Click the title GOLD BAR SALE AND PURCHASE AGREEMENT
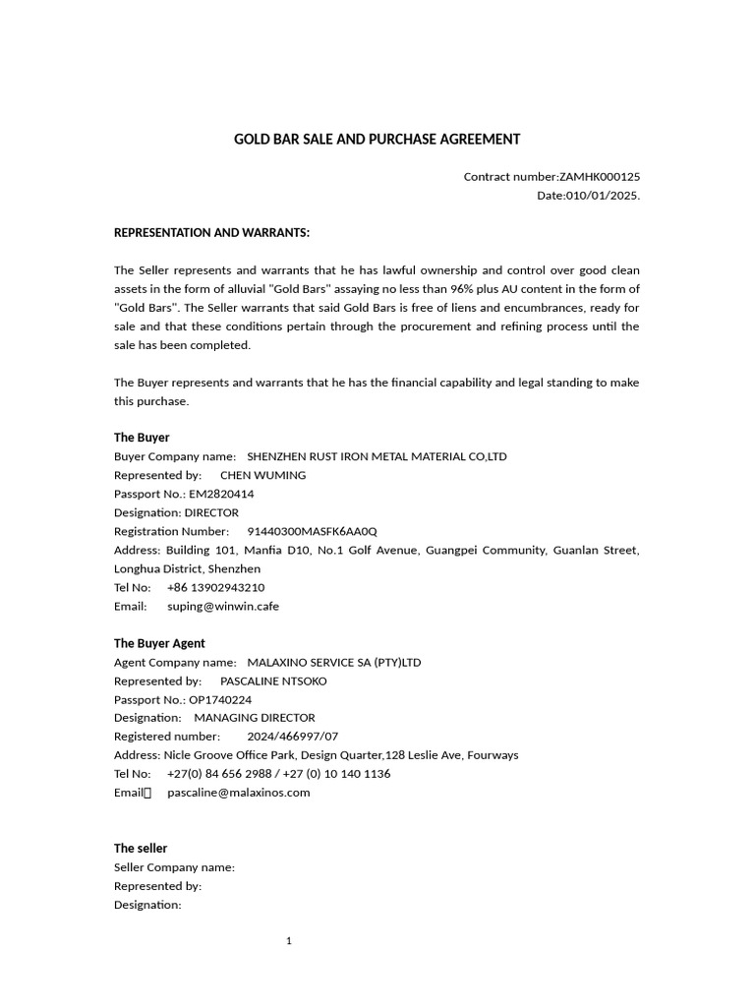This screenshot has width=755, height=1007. pyautogui.click(x=377, y=139)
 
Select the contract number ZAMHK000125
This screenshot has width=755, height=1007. pyautogui.click(x=599, y=177)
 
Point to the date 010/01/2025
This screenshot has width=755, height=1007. pyautogui.click(x=602, y=196)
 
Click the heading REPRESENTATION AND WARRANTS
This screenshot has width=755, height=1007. pyautogui.click(x=211, y=233)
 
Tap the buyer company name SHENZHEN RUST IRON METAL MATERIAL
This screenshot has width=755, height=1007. pyautogui.click(x=377, y=456)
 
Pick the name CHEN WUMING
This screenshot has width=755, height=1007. pyautogui.click(x=262, y=475)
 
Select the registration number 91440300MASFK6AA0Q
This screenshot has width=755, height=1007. pyautogui.click(x=312, y=531)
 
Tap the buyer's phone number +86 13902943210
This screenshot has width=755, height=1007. pyautogui.click(x=215, y=587)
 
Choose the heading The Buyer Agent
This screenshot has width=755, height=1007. pyautogui.click(x=159, y=643)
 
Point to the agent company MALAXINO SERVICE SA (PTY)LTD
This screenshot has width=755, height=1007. pyautogui.click(x=333, y=662)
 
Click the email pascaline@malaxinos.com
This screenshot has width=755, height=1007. pyautogui.click(x=239, y=793)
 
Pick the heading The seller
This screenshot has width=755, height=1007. pyautogui.click(x=141, y=848)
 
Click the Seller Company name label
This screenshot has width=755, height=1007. pyautogui.click(x=174, y=867)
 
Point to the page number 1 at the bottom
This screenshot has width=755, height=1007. pyautogui.click(x=289, y=941)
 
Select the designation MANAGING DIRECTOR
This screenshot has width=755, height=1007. pyautogui.click(x=255, y=718)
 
